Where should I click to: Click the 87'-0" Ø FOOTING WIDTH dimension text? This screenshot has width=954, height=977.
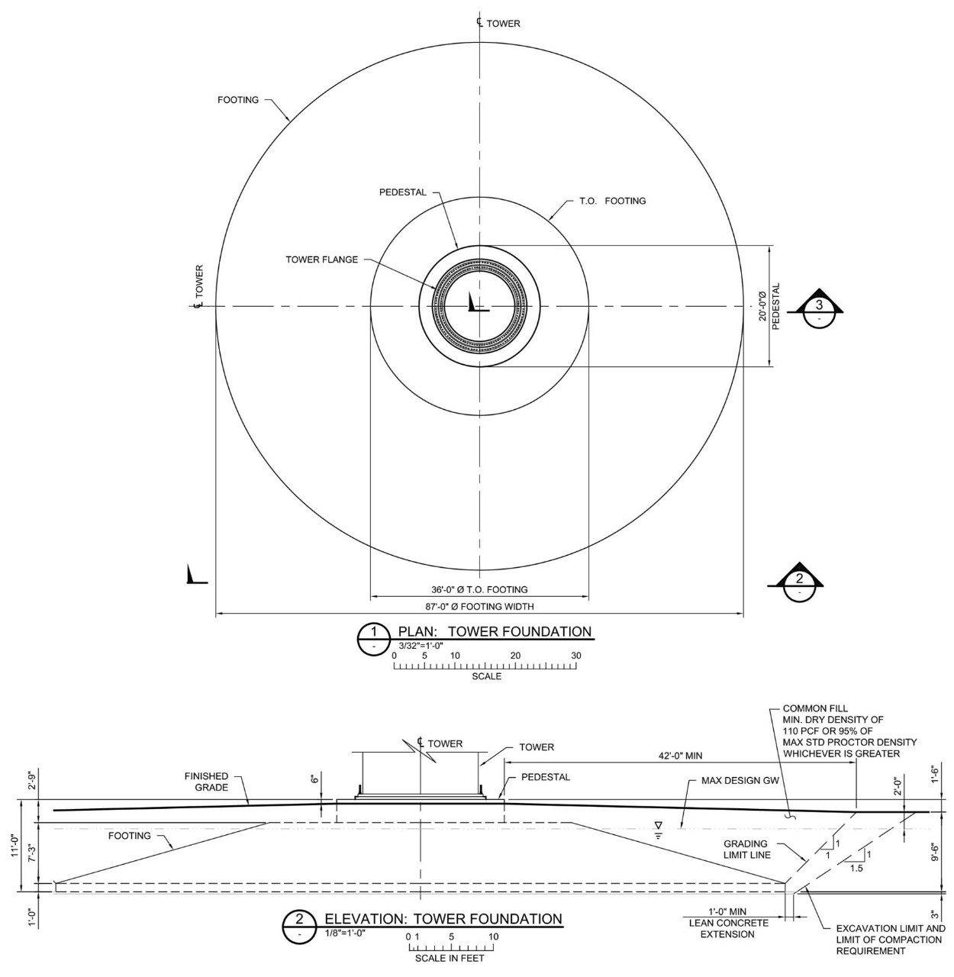pyautogui.click(x=479, y=607)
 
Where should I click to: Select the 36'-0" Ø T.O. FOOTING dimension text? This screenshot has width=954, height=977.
pyautogui.click(x=479, y=590)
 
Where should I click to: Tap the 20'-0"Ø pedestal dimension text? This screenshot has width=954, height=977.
pyautogui.click(x=762, y=306)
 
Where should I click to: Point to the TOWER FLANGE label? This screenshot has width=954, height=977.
pyautogui.click(x=321, y=260)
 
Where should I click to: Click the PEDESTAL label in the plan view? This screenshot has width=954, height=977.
pyautogui.click(x=402, y=192)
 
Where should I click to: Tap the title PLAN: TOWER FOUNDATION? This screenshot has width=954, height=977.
pyautogui.click(x=495, y=632)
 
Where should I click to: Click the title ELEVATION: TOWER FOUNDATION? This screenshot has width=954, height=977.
pyautogui.click(x=443, y=919)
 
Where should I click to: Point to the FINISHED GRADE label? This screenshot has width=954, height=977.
pyautogui.click(x=206, y=782)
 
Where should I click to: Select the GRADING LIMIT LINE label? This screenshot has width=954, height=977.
pyautogui.click(x=746, y=850)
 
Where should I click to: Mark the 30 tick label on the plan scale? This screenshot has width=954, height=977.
pyautogui.click(x=575, y=656)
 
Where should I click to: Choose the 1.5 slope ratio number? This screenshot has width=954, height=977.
pyautogui.click(x=856, y=868)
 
